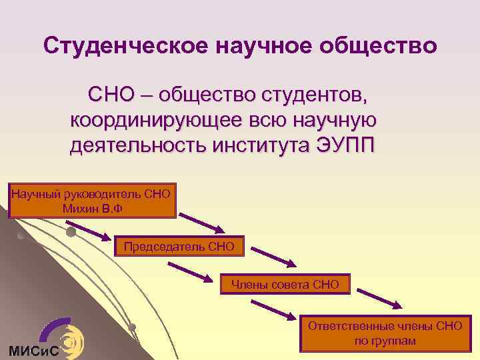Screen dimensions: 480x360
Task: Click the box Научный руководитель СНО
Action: [x=92, y=201]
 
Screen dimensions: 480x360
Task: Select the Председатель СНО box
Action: [x=179, y=247]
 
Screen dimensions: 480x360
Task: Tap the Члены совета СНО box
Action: [x=285, y=285]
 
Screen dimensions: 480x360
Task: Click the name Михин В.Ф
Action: [x=91, y=208]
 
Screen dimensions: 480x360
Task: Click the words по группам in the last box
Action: [x=385, y=341]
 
